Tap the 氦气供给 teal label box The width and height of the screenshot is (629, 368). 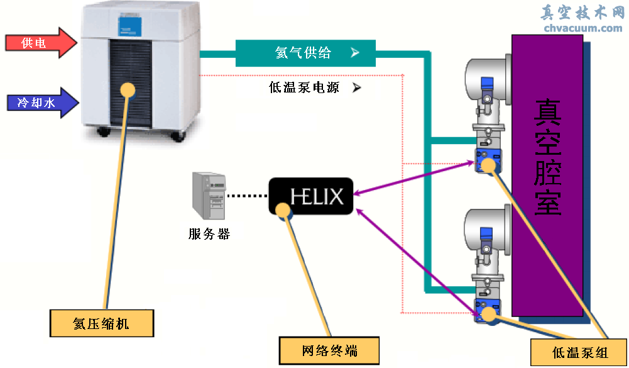(x=305, y=53)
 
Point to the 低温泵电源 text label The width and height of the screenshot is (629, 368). (x=304, y=88)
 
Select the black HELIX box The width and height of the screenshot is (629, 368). (x=311, y=196)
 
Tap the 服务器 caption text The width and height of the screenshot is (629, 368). (x=209, y=235)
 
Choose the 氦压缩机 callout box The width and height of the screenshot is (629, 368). (x=101, y=324)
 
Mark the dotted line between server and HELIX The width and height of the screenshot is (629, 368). (x=247, y=196)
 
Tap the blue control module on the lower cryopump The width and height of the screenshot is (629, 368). (x=486, y=311)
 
